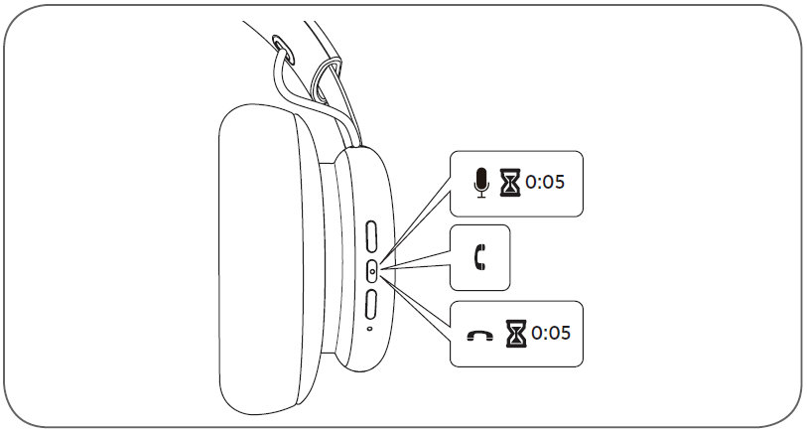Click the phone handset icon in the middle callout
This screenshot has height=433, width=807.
coord(481,258)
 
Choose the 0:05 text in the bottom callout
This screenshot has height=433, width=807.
coord(551,332)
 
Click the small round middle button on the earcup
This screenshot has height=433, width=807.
coord(372,269)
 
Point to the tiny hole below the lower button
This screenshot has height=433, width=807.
coord(369,329)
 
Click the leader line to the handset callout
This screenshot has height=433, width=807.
coord(417,263)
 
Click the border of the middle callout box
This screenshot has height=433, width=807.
coord(453,258)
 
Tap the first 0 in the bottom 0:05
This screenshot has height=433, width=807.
coord(537,332)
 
